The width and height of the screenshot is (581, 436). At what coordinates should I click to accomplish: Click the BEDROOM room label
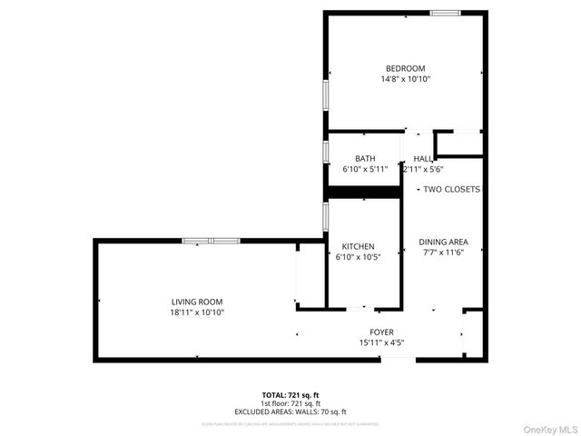405,69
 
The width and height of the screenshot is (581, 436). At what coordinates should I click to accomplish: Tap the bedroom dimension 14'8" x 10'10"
405,80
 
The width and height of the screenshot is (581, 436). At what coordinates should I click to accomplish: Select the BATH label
365,158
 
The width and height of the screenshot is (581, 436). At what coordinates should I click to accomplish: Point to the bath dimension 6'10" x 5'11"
365,169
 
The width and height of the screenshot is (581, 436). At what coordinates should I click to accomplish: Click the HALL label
423,158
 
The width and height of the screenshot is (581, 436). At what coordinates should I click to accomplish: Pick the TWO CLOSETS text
452,189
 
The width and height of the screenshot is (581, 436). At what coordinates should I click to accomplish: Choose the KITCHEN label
358,247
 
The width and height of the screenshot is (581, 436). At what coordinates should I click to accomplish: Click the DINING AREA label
443,242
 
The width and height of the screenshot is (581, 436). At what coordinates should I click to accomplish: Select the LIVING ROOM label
197,302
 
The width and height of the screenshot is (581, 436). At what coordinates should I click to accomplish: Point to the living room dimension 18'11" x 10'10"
197,312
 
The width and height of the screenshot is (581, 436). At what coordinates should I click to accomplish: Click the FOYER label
381,332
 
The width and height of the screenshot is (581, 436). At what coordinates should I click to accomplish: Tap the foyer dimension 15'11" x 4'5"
381,342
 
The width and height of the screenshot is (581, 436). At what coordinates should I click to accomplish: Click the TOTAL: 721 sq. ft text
290,395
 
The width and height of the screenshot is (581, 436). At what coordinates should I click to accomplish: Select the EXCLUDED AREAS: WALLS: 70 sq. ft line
290,411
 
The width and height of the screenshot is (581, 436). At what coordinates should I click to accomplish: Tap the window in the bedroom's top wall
444,13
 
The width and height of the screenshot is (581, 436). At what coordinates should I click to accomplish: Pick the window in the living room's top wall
211,241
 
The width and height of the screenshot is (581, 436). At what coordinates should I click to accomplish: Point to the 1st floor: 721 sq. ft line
290,403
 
